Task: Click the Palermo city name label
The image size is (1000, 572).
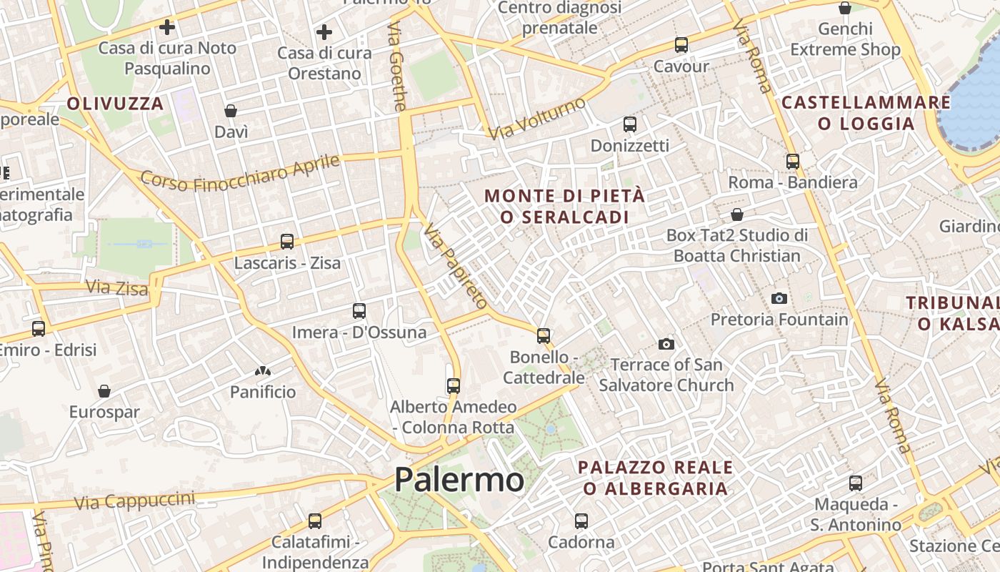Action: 459,480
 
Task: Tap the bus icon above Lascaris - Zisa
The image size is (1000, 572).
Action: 287,242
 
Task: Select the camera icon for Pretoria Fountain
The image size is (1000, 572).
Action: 779,298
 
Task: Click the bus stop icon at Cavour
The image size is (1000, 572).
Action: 681,45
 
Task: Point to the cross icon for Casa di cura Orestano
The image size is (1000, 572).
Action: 324,32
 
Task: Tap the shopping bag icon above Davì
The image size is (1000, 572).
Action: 231,111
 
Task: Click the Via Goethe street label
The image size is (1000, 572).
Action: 397,66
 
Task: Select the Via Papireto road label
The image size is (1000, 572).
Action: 455,265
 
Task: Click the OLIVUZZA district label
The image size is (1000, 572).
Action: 116,104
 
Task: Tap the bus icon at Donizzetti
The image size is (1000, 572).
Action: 629,124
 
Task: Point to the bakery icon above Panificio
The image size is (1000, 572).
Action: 263,371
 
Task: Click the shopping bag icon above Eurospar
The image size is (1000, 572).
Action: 104,391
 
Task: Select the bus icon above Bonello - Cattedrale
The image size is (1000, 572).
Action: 544,335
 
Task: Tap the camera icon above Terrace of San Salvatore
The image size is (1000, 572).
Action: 666,344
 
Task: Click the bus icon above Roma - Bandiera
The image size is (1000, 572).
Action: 792,161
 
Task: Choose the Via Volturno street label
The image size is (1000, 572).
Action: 536,118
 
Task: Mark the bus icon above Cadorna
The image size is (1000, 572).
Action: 581,521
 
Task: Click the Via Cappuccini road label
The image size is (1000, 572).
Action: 134,500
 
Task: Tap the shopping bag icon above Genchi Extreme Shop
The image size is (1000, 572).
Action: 845,9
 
